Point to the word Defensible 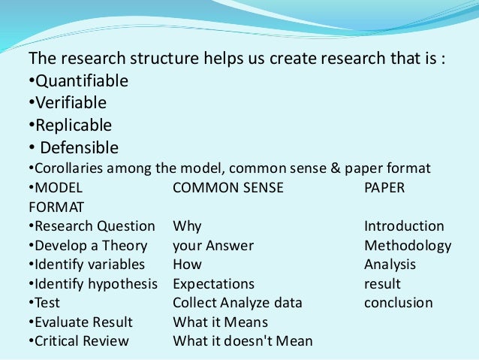pos(79,147)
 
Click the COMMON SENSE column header pos(228,187)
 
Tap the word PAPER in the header pos(384,187)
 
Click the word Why pos(187,226)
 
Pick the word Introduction pos(404,226)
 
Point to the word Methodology pos(408,246)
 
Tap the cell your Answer pos(213,246)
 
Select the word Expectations pos(213,284)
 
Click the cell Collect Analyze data pos(237,304)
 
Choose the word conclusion pos(398,304)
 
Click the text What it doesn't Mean pos(243,342)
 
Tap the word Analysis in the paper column pos(390,265)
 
